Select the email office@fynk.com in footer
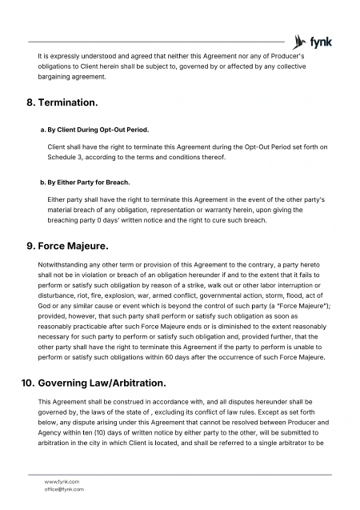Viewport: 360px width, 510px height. (x=64, y=488)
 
